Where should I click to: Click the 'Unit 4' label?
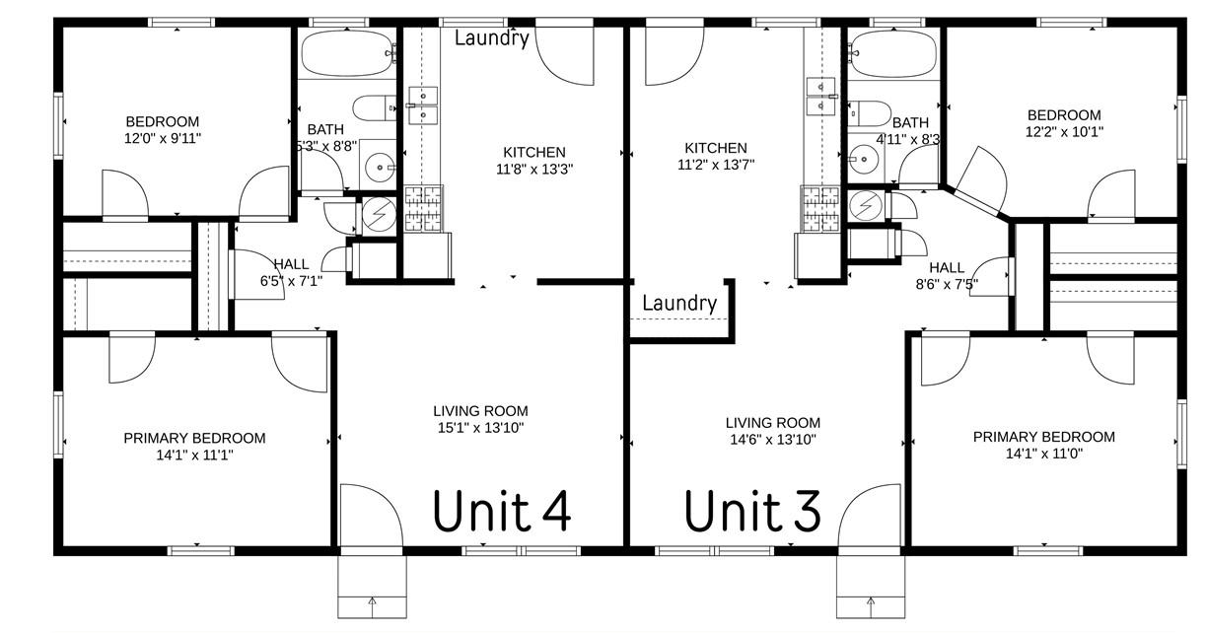pos(503,511)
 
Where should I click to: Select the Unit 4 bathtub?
pos(348,51)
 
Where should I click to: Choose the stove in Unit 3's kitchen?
pos(819,210)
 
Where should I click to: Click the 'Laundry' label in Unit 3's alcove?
pos(678,303)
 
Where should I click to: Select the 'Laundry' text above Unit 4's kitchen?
pos(492,37)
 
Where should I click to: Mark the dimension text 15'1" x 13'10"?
pos(480,428)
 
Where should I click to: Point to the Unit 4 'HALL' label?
pos(291,264)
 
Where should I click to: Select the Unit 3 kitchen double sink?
pos(818,97)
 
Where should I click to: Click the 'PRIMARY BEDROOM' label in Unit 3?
pos(1044,437)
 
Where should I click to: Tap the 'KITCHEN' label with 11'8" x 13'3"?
pos(534,152)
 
